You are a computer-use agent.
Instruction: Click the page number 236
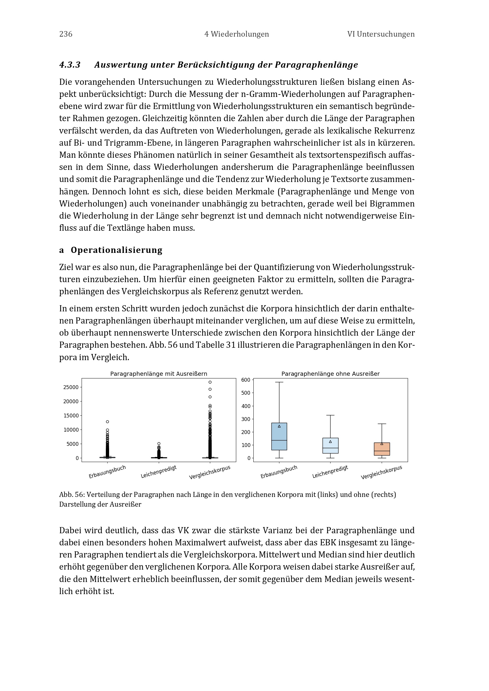pyautogui.click(x=66, y=34)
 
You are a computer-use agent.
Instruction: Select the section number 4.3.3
pyautogui.click(x=70, y=65)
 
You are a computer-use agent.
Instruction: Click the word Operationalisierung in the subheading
pyautogui.click(x=116, y=250)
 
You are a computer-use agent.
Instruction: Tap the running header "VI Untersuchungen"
pyautogui.click(x=381, y=34)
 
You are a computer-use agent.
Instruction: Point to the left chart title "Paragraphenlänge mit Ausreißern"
pyautogui.click(x=159, y=374)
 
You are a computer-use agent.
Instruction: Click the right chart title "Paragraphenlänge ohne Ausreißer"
pyautogui.click(x=330, y=374)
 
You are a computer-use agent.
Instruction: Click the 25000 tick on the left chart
pyautogui.click(x=71, y=387)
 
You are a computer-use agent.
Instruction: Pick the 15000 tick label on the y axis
pyautogui.click(x=71, y=416)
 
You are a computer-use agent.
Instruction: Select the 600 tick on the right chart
pyautogui.click(x=246, y=380)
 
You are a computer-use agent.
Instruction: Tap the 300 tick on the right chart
pyautogui.click(x=246, y=419)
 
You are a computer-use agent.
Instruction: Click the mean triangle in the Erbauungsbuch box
pyautogui.click(x=279, y=426)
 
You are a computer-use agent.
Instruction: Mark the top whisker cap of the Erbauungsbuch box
pyautogui.click(x=279, y=382)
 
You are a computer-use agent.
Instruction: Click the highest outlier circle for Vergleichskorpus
pyautogui.click(x=210, y=382)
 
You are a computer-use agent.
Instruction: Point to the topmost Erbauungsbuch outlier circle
pyautogui.click(x=108, y=422)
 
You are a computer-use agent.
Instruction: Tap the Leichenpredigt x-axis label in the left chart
pyautogui.click(x=159, y=471)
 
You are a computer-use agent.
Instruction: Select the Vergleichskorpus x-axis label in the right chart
pyautogui.click(x=381, y=472)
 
